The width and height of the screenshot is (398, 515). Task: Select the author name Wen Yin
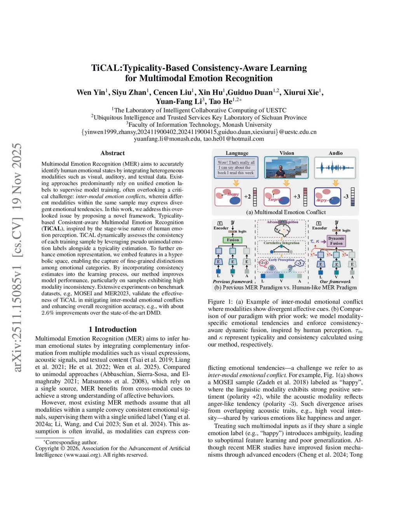(91, 93)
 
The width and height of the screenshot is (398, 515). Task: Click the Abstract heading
(112, 153)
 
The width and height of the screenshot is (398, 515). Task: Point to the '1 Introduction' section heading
(112, 329)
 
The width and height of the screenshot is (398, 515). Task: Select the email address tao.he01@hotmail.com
(234, 139)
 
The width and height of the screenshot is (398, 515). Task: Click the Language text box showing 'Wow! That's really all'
(236, 168)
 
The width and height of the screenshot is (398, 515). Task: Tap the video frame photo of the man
(286, 168)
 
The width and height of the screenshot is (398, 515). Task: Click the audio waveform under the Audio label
(335, 168)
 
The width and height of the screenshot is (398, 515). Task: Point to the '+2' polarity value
(247, 197)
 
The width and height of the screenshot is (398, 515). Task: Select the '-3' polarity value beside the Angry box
(346, 197)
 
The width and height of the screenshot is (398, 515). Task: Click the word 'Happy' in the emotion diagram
(233, 194)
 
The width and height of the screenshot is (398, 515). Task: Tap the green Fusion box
(233, 240)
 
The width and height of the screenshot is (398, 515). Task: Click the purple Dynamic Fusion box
(336, 241)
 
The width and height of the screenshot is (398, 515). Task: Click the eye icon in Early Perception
(272, 267)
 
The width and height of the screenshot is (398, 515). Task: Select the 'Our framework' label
(335, 281)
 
